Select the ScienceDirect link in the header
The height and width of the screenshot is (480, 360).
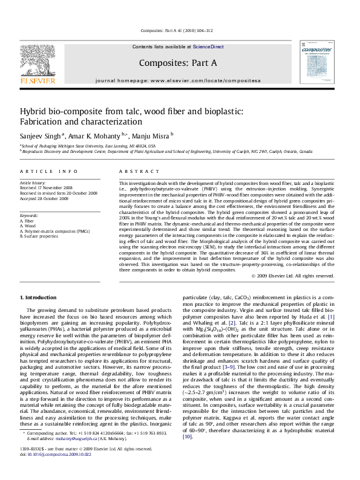click(208, 47)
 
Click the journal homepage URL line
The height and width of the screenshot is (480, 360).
click(177, 80)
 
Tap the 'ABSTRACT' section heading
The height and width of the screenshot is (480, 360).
click(134, 172)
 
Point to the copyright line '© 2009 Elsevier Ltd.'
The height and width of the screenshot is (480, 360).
click(293, 276)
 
